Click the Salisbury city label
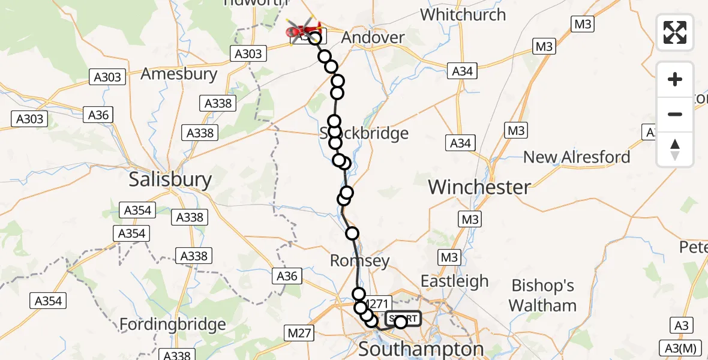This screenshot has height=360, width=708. click(x=171, y=180)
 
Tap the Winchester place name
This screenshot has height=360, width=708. click(x=479, y=187)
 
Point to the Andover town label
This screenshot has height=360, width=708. click(x=373, y=37)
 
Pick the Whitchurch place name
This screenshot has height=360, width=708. click(x=463, y=14)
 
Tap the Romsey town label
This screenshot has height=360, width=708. click(x=360, y=261)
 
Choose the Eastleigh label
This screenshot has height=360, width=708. click(x=454, y=281)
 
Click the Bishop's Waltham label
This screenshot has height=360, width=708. click(x=542, y=295)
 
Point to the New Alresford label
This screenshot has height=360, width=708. click(x=577, y=157)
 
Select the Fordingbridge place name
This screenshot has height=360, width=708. click(x=173, y=325)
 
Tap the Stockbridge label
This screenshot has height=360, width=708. click(x=364, y=133)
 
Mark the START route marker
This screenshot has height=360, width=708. click(x=403, y=319)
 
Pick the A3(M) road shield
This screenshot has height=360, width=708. click(x=679, y=347)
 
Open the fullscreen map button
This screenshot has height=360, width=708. click(x=675, y=32)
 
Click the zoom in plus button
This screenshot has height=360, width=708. click(x=675, y=79)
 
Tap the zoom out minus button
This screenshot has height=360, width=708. click(x=675, y=114)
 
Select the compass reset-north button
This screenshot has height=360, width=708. click(x=675, y=149)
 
